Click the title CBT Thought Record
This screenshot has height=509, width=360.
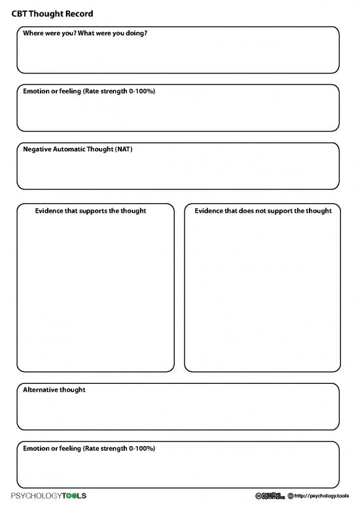tap(52, 14)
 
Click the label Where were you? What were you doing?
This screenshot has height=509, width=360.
tap(85, 33)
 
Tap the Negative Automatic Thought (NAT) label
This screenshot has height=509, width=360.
tap(78, 149)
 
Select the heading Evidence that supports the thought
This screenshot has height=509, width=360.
tap(90, 210)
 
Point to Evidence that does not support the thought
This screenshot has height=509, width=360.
tap(263, 210)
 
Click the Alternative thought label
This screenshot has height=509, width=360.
tap(54, 390)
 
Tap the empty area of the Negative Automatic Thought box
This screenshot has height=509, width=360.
tap(178, 172)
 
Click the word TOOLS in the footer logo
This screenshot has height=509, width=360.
tap(73, 495)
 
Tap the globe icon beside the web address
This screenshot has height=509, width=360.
tap(291, 495)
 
